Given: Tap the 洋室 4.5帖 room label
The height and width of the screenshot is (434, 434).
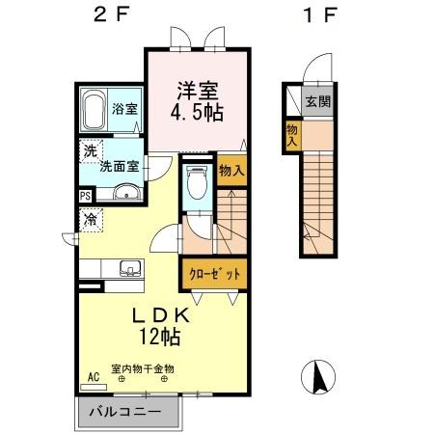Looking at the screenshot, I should [x=198, y=101].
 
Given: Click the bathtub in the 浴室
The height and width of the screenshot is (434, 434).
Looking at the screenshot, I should [x=95, y=113].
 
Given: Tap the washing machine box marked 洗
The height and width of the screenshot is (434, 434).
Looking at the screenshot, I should [x=89, y=150].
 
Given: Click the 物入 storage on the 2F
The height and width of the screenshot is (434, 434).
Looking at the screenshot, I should [x=230, y=171].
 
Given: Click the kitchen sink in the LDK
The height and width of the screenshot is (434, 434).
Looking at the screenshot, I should [x=128, y=268].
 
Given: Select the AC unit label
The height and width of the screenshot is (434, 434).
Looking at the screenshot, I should [x=94, y=376].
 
